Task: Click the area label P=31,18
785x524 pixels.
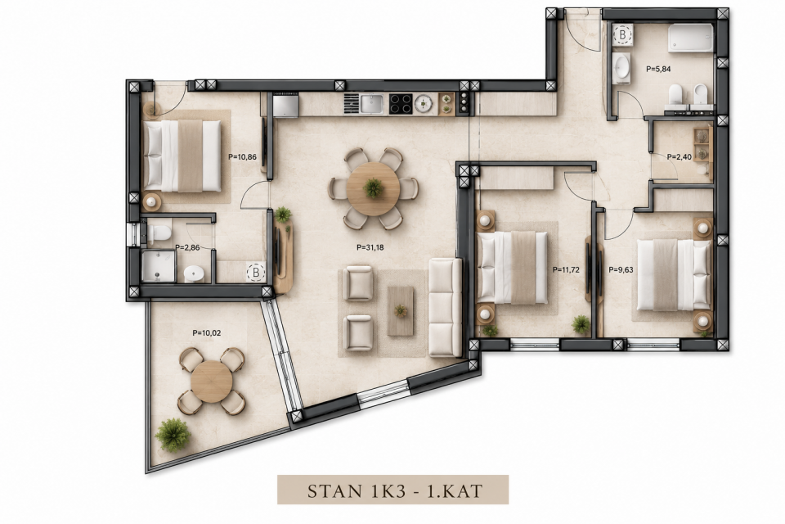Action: tap(370, 247)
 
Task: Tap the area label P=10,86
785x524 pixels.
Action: tap(242, 157)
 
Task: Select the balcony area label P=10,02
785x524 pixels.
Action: tap(206, 333)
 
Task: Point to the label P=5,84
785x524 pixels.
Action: tap(658, 70)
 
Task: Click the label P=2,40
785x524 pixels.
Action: tap(679, 157)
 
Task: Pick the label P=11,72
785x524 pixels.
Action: tap(566, 269)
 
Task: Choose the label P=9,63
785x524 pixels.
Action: tap(621, 269)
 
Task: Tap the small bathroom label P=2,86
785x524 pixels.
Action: tap(187, 248)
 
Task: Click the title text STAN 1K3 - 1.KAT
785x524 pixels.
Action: tap(394, 490)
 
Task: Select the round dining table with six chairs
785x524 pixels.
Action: tap(374, 188)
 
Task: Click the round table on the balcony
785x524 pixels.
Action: tap(212, 382)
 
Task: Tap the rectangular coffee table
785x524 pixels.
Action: tap(401, 311)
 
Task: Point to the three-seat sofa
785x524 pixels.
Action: tap(445, 307)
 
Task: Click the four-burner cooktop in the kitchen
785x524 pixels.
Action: tap(401, 104)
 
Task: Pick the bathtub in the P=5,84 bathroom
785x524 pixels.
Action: tap(690, 38)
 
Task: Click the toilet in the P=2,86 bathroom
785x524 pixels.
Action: tap(159, 233)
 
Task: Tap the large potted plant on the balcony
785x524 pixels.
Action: tap(173, 435)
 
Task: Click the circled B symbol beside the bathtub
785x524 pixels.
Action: tap(622, 35)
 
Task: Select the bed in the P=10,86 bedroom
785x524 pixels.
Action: tap(182, 156)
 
